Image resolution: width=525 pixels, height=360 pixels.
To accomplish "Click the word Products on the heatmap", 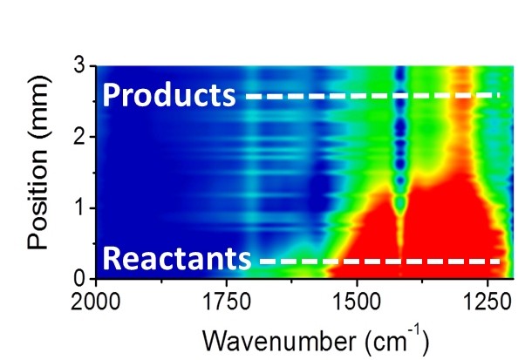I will [x=168, y=95].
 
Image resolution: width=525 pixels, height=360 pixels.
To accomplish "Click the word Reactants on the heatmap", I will [x=177, y=259].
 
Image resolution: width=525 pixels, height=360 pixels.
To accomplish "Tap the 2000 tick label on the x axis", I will [x=96, y=300].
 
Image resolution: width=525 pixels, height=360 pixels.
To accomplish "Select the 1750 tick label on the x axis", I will [x=226, y=300].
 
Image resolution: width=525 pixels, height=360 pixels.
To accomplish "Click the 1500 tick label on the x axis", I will [x=356, y=300].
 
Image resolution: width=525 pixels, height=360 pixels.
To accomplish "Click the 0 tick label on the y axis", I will [x=78, y=279].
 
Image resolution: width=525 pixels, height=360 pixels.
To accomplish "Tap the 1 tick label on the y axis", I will [x=78, y=207].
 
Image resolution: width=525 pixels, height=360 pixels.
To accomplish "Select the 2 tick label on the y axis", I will [x=78, y=137].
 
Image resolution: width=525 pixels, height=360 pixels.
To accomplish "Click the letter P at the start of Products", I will [x=111, y=95].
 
